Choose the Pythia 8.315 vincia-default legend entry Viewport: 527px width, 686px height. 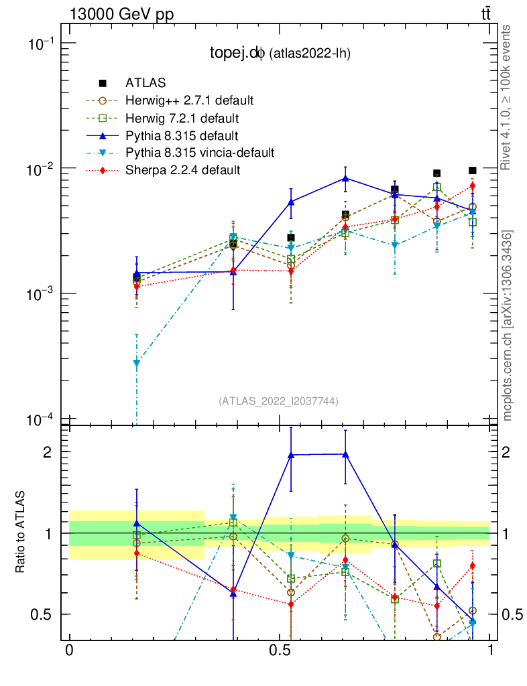coord(199,153)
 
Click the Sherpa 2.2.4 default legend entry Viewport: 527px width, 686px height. coord(182,170)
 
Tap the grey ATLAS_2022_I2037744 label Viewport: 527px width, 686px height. coord(278,401)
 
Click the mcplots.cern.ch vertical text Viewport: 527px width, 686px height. coord(508,325)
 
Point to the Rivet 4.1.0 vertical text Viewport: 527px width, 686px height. coord(508,97)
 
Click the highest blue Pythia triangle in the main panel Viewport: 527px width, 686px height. coord(345,178)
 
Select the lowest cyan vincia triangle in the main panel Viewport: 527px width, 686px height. coord(137,363)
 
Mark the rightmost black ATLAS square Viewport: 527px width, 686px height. coord(473,171)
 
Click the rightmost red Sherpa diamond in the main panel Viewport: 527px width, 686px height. coord(473,186)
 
